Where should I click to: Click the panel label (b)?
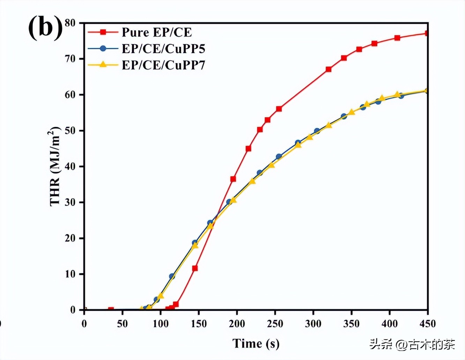45,28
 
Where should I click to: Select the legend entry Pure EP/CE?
157,32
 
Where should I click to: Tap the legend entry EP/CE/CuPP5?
163,48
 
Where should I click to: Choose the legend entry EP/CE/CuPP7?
163,65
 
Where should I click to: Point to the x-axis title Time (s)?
256,344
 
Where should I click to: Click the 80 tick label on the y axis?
70,23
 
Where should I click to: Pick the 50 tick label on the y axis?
70,130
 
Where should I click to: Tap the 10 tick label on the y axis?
70,274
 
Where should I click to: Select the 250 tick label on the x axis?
275,324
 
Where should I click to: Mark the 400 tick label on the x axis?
390,324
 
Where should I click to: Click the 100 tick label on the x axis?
161,324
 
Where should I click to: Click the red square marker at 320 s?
329,69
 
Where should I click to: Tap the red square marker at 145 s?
195,268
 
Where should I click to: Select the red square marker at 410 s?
397,38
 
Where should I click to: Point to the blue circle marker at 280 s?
298,143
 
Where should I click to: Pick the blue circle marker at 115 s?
172,276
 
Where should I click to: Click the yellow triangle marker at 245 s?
271,165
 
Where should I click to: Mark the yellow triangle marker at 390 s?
382,98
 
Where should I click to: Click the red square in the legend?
103,32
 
